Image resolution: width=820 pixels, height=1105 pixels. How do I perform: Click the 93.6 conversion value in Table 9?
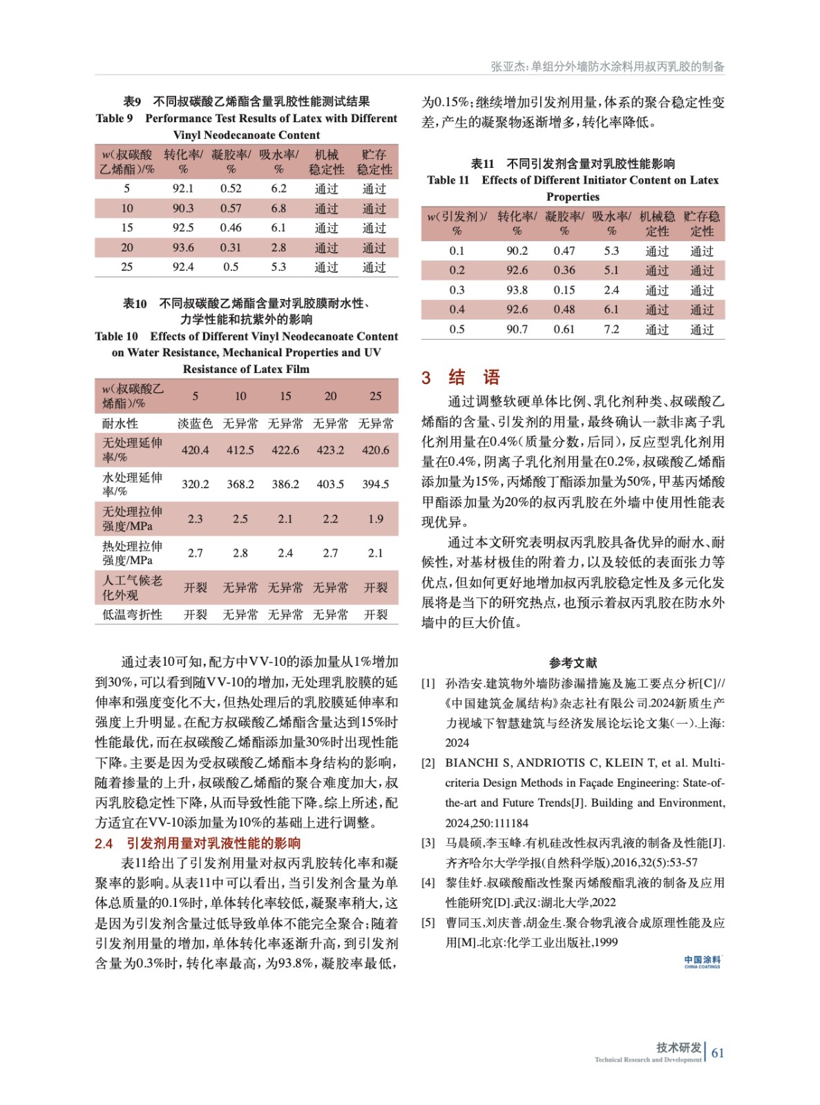point(183,247)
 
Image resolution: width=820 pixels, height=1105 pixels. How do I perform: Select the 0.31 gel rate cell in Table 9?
point(231,247)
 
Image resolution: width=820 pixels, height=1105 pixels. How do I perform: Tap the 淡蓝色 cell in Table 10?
point(195,423)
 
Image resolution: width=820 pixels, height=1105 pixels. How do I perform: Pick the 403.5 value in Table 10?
point(330,484)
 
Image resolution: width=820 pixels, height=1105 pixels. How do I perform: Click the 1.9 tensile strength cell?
point(375,519)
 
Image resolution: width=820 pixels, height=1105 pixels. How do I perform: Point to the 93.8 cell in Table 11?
point(517,290)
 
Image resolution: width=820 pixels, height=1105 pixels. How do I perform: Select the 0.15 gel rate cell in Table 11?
point(564,290)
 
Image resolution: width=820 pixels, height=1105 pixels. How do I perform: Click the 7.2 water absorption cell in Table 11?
point(611,329)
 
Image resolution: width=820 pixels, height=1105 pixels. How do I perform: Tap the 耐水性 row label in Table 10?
point(120,423)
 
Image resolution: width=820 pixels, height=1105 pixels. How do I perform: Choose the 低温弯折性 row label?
point(132,615)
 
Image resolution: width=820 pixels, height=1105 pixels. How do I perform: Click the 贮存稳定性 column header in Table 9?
point(374,162)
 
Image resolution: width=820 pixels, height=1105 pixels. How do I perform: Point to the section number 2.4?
point(104,843)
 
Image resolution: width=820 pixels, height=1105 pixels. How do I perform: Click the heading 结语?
point(474,377)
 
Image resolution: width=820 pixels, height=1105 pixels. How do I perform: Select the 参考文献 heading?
point(573,663)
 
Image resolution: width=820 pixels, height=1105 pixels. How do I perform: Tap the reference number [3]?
point(428,843)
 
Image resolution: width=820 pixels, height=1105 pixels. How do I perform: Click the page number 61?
point(718,1053)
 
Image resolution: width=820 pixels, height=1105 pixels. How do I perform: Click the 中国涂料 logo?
point(702,961)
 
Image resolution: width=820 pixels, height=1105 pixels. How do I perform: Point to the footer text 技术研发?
point(678,1047)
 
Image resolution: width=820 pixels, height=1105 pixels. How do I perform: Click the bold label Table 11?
point(448,180)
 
